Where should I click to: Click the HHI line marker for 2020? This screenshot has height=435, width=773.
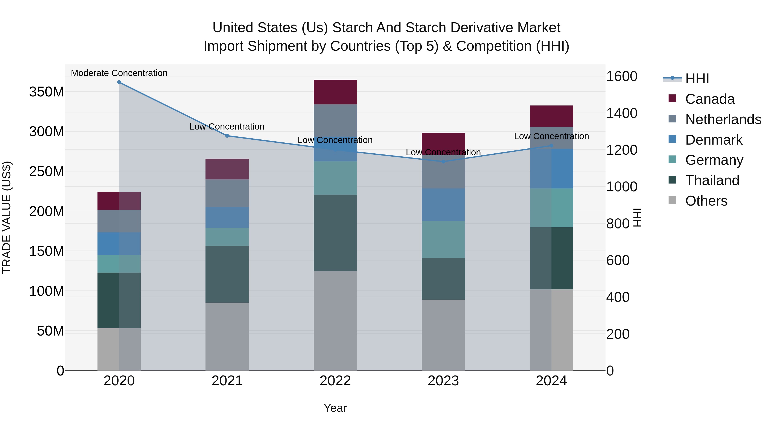(x=119, y=82)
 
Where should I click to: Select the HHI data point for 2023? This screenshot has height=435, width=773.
(x=443, y=162)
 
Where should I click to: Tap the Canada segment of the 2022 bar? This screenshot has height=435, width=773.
(x=335, y=92)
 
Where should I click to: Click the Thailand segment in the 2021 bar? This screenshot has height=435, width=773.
(x=227, y=274)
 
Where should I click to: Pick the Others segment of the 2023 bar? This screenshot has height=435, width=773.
(x=443, y=335)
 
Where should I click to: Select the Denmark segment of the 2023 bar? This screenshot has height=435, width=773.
(x=443, y=205)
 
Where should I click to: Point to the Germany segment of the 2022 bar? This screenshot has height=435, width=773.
(x=335, y=178)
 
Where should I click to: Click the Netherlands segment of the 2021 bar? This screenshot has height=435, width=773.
(x=227, y=193)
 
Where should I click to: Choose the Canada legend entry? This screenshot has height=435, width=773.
(x=710, y=99)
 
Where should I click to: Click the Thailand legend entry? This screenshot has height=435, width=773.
(x=712, y=180)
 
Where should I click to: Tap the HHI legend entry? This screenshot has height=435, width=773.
(x=697, y=79)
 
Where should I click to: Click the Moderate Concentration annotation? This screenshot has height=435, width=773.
(x=119, y=73)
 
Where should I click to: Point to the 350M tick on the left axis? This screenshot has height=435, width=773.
(x=47, y=92)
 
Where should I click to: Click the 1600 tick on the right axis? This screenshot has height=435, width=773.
(x=622, y=76)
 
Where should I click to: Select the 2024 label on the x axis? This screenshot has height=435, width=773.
(x=551, y=381)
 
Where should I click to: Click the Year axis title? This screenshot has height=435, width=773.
(x=335, y=408)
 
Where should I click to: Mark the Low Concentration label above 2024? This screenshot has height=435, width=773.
(x=551, y=136)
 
